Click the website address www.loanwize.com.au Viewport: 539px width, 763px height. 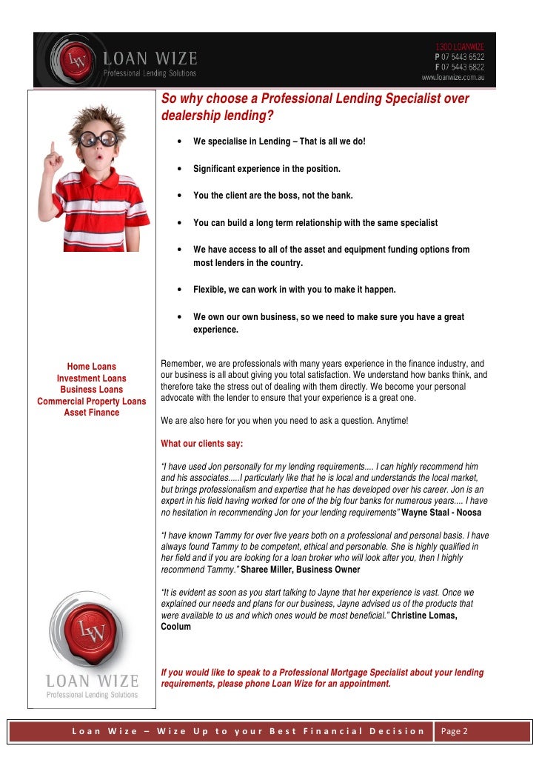click(453, 76)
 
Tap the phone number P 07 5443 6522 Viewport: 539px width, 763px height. click(459, 56)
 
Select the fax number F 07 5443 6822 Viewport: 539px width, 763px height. click(459, 66)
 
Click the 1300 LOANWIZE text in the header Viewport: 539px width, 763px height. click(460, 47)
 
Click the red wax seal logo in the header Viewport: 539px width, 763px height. click(73, 60)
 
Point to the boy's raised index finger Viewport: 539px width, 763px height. click(50, 141)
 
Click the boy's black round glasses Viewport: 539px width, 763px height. click(99, 139)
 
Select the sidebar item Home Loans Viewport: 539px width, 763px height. click(92, 367)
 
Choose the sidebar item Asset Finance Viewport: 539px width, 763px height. click(92, 413)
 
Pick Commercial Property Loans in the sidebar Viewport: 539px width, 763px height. click(92, 402)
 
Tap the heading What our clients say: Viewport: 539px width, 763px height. click(201, 444)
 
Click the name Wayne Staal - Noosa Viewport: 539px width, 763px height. click(441, 513)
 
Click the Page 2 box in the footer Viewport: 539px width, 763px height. click(455, 732)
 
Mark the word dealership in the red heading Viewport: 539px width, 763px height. click(190, 116)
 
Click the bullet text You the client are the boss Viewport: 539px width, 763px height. click(272, 196)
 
